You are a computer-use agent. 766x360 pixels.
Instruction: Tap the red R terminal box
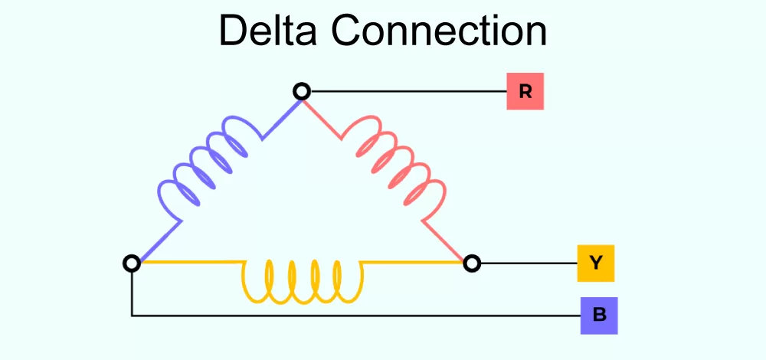point(525,92)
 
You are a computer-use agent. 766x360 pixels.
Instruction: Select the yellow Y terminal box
point(596,263)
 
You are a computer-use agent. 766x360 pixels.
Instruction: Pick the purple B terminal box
point(599,316)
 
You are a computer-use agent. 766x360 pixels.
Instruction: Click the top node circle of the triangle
point(302,92)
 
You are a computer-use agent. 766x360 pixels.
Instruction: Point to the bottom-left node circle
point(132,263)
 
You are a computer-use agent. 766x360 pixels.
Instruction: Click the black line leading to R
point(406,92)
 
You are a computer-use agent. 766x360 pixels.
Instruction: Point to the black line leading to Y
point(529,263)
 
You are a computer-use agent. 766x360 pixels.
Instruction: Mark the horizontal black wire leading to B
point(352,316)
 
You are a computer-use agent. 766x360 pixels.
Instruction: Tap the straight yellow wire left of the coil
point(191,263)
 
